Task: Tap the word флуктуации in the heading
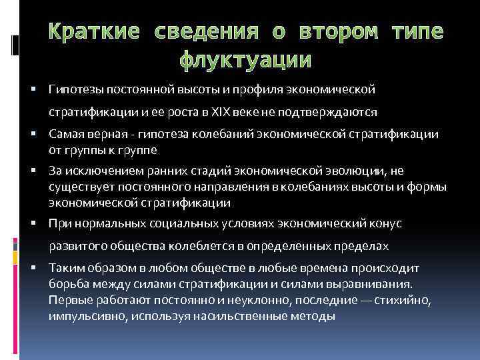(x=245, y=61)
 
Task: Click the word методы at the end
(x=316, y=313)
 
